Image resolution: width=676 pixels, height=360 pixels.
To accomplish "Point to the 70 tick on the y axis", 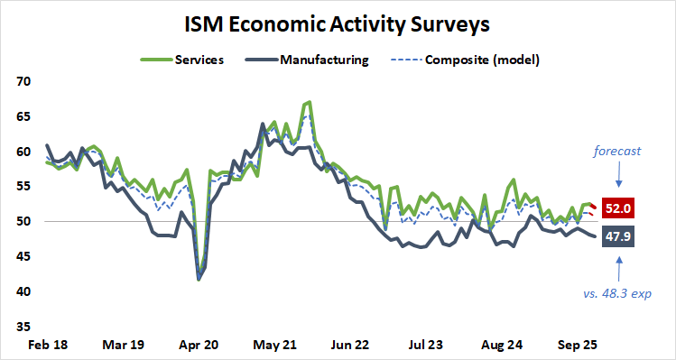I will (23, 81).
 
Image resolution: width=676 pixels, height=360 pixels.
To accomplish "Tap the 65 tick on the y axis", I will (23, 116).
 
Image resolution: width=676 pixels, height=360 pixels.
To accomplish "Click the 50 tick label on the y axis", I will (23, 222).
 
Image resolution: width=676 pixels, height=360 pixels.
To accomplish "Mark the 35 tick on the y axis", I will (23, 327).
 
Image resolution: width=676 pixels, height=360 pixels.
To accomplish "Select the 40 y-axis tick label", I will (23, 291).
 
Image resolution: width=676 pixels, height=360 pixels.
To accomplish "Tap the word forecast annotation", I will (617, 152).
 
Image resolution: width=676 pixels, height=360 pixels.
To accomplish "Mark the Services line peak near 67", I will (310, 102).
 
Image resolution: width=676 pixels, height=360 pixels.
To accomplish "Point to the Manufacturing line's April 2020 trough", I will (199, 279).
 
